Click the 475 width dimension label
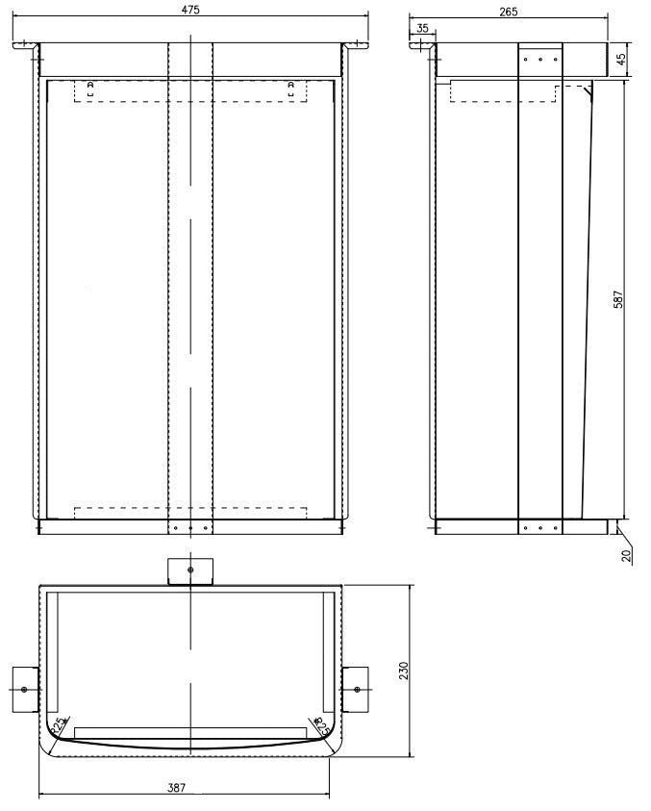[x=189, y=9]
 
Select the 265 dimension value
[x=509, y=12]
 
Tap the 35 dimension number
[x=423, y=29]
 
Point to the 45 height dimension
[x=621, y=59]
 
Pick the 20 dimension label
[x=626, y=555]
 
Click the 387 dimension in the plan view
[x=176, y=788]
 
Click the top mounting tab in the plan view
[x=189, y=570]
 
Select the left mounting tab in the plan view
[x=25, y=690]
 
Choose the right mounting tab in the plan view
[x=355, y=690]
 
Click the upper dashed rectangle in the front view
[x=190, y=91]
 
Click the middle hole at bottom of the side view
[x=539, y=527]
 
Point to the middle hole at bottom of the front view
[x=189, y=527]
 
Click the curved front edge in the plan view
[x=190, y=747]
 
